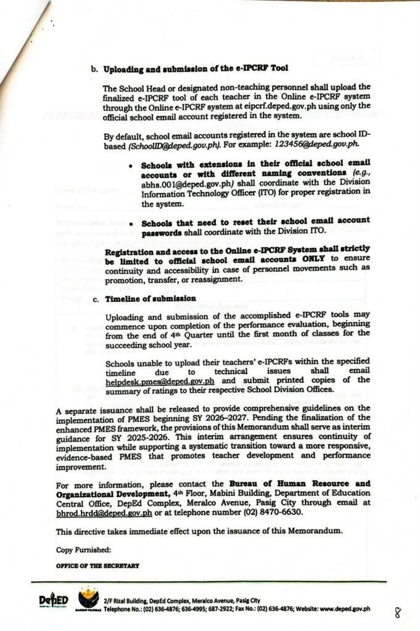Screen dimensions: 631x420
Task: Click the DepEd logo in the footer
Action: (53, 601)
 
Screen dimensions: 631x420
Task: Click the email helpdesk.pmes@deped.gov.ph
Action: (160, 381)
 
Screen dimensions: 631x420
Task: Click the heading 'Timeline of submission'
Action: (150, 298)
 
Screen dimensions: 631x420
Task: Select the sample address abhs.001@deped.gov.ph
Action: (177, 182)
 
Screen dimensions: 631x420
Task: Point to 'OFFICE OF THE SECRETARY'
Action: (97, 564)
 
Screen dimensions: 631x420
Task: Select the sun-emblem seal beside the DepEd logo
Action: (87, 600)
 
